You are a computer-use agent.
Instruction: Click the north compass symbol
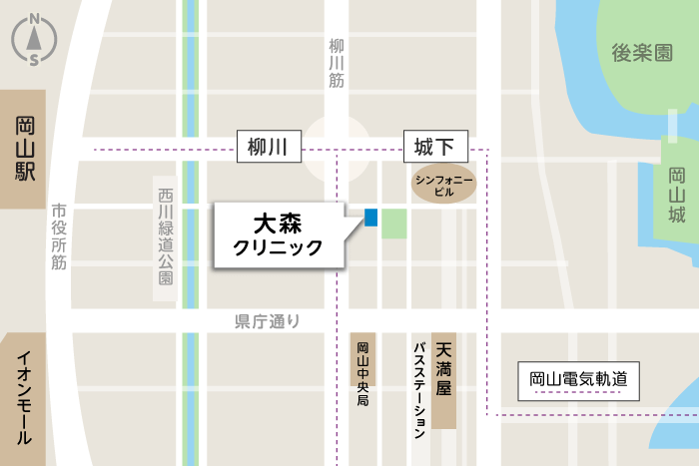34,40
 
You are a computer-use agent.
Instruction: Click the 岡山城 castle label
677,195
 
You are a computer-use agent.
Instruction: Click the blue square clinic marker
370,217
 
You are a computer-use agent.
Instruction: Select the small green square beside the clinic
394,224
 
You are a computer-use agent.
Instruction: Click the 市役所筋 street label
59,236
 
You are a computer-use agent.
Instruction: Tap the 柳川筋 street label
336,64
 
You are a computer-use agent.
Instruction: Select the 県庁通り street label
267,321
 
